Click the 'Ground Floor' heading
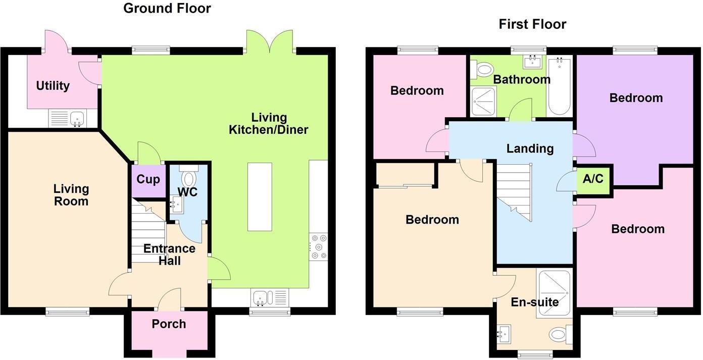tap(167, 8)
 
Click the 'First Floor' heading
tap(532, 24)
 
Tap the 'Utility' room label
tap(53, 86)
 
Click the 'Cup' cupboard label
tap(148, 180)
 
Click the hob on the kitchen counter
tap(319, 246)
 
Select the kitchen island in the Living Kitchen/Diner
tap(260, 196)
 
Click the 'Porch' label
tap(169, 324)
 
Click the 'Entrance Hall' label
tap(169, 254)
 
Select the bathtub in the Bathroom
tap(559, 87)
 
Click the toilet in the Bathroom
tap(483, 68)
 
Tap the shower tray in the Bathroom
tap(483, 101)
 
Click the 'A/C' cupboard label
tap(593, 179)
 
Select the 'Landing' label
tap(530, 149)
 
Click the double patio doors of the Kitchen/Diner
tap(270, 41)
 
